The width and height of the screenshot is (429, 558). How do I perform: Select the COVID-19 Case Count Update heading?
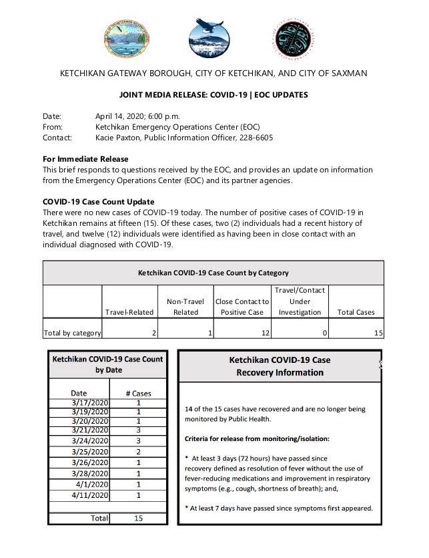pos(98,202)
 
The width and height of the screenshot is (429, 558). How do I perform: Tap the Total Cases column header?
pos(356,312)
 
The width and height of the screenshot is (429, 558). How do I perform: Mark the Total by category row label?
pos(72,333)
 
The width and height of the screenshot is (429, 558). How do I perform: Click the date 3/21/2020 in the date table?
pos(89,431)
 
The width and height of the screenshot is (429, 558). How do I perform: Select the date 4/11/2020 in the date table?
pos(89,495)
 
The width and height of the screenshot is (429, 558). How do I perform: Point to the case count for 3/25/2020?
pos(138,452)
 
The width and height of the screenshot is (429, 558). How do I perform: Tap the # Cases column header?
pos(138,393)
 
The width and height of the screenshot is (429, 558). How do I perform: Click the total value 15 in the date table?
pos(137,518)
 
